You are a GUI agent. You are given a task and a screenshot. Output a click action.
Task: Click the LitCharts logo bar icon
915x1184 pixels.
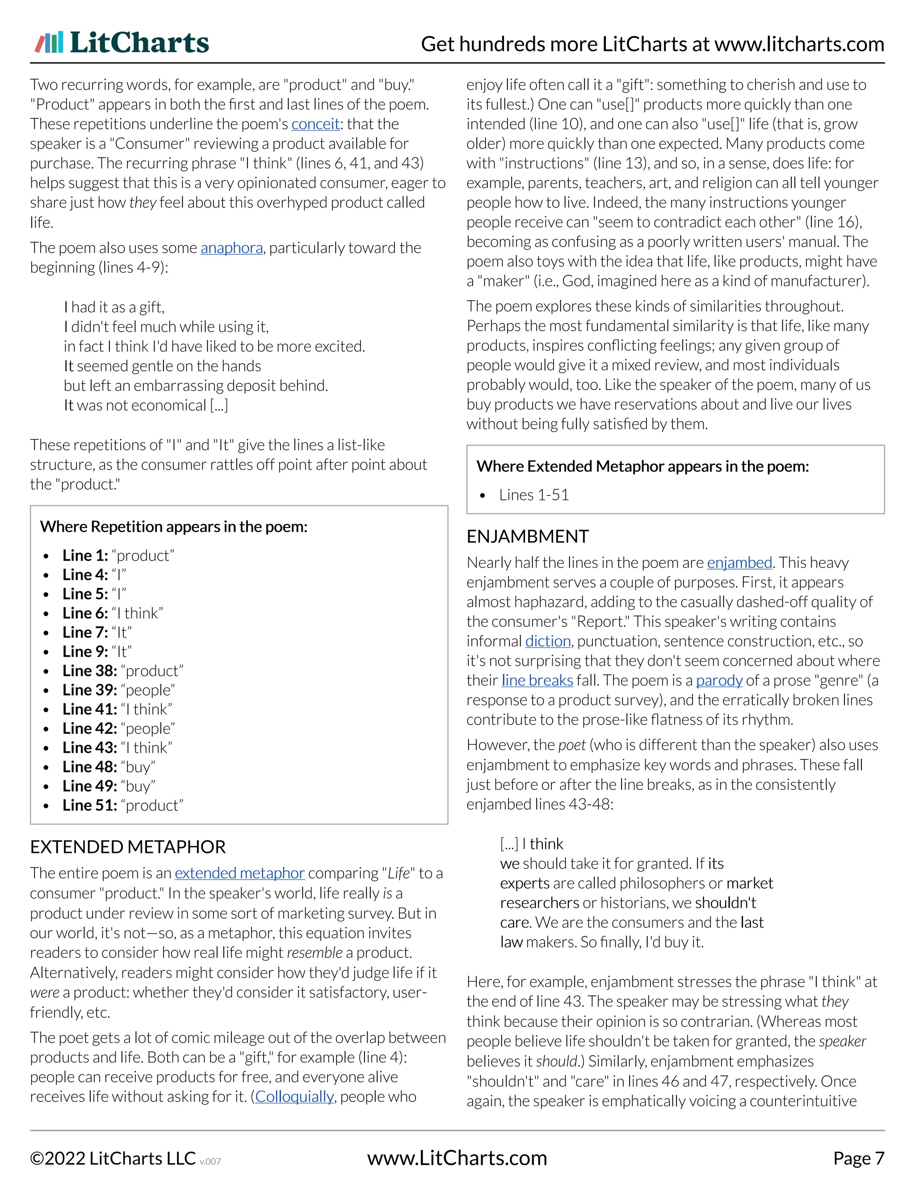49,42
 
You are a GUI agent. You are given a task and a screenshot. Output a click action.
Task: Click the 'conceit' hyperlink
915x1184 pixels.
315,124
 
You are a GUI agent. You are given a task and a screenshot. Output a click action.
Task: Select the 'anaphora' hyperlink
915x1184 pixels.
231,248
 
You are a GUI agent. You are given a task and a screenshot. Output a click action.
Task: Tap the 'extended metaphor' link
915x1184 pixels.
239,873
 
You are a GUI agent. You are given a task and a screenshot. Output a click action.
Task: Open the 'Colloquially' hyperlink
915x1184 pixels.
294,1097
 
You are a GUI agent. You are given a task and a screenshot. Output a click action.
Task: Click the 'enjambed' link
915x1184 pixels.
739,563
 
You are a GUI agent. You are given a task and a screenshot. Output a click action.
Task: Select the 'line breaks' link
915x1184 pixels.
537,680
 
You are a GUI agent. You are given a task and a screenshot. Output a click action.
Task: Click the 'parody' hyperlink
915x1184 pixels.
719,680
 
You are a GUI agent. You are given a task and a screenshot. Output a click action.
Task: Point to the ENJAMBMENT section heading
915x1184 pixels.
528,537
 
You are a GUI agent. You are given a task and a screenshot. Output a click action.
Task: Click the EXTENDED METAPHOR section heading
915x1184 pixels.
128,847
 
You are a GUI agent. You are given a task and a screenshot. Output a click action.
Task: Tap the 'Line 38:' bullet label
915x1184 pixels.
89,671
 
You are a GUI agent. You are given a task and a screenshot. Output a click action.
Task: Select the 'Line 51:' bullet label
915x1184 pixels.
89,806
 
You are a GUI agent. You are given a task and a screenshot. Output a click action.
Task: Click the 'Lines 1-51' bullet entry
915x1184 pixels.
533,495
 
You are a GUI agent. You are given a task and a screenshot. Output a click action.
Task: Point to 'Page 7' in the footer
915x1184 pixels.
858,1159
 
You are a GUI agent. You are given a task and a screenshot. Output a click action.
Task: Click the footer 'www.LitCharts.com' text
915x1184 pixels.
457,1159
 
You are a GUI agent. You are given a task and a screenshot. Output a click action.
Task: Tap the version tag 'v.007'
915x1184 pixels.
210,1162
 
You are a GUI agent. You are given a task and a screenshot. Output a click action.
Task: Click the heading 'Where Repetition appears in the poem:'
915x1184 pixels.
173,527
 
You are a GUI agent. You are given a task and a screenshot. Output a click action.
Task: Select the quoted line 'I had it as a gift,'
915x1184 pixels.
114,307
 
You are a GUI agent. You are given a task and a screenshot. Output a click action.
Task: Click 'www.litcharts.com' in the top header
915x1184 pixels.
799,44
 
